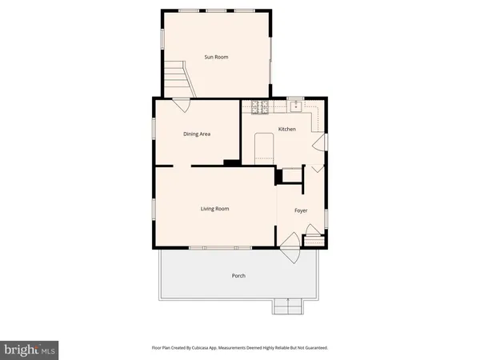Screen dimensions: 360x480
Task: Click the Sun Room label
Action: pos(216,57)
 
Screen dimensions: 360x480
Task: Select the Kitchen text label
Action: pos(286,129)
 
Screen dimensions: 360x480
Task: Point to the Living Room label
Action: pos(214,209)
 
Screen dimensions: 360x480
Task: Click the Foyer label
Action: pos(301,210)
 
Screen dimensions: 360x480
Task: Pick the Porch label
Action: pos(238,276)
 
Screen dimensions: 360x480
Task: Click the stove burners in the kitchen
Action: pos(260,106)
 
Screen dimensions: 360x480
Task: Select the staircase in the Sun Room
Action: pos(178,78)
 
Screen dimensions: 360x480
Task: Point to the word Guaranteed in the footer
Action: pos(313,348)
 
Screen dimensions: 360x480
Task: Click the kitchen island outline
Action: pos(264,147)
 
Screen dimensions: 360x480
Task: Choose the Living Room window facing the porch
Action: pos(215,247)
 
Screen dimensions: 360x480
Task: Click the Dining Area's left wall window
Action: pos(154,132)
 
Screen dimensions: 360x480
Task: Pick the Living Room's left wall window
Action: pos(154,209)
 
